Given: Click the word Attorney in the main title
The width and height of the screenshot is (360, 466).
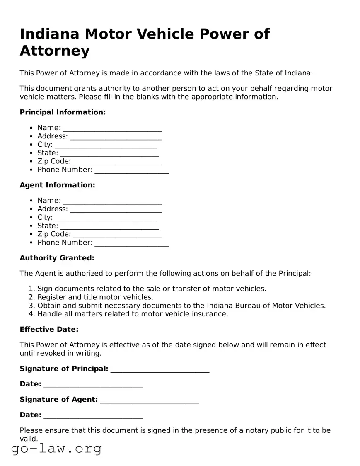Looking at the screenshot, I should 55,51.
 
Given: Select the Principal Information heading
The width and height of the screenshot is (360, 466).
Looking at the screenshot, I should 63,112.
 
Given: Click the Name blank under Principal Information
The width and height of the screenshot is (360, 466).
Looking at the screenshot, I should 112,128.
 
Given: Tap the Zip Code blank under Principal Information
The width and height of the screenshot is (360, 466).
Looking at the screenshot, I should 117,162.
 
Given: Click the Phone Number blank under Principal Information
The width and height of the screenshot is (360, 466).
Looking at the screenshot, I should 131,170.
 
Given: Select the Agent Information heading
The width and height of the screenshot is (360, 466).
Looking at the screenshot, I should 57,185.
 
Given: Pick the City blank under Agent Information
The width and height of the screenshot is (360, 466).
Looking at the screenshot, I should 106,218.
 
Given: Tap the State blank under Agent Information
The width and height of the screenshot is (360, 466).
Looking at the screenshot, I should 109,226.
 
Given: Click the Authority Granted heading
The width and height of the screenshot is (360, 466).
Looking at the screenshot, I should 57,258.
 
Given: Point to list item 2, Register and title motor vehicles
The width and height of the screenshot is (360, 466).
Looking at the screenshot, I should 95,297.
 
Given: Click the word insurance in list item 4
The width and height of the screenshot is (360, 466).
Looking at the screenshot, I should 210,314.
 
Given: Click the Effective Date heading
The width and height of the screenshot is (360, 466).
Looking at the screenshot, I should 49,330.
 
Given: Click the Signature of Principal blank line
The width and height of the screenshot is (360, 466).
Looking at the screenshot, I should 160,369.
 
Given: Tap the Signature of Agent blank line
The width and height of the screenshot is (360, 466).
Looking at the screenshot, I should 149,400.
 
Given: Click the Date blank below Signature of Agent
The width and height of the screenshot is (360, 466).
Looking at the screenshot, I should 93,415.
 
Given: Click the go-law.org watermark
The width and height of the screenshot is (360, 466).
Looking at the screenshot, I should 56,449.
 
